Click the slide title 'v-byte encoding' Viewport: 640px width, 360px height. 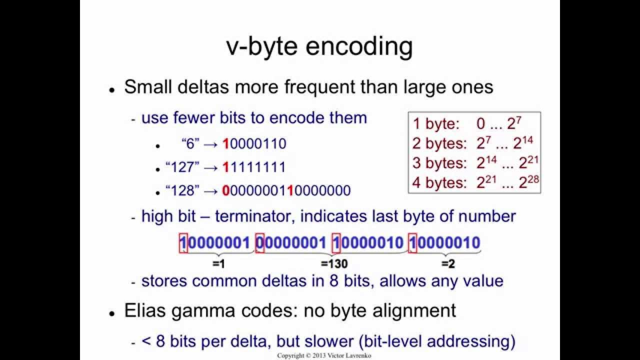[x=319, y=46]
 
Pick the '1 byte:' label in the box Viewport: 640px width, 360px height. [x=435, y=124]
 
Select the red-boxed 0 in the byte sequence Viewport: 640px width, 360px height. [x=260, y=243]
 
